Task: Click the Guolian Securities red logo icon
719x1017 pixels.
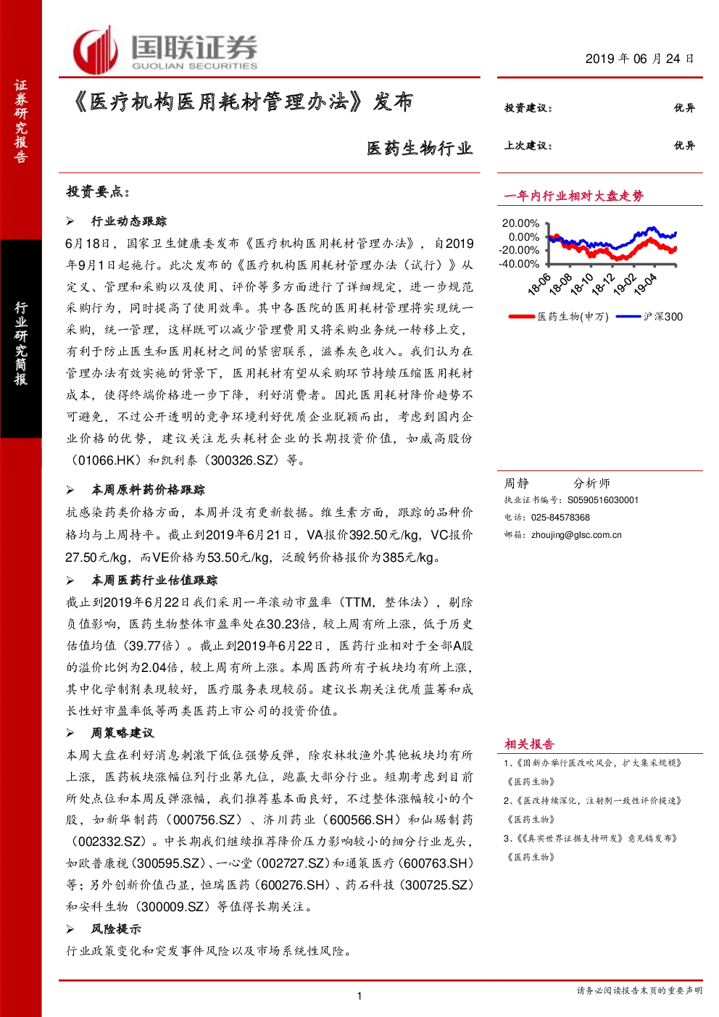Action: tap(96, 50)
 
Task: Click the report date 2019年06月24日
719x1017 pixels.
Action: tap(639, 59)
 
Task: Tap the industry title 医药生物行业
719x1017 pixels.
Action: tap(420, 149)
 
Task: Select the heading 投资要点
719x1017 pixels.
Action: tap(98, 191)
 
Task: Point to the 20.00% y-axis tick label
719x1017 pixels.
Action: tap(520, 223)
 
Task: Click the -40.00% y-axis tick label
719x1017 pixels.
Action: tap(519, 263)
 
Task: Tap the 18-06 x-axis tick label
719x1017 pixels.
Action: tap(539, 284)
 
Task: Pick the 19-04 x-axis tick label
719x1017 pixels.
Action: tap(644, 284)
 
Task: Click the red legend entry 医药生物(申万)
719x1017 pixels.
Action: tap(558, 317)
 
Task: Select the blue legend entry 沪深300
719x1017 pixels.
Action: tap(649, 317)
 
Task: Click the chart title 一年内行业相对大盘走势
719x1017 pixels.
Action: tap(574, 196)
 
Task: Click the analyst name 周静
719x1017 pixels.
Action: tap(517, 483)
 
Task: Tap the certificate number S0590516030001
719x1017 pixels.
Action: tap(603, 500)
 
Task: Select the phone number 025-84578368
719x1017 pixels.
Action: tap(560, 517)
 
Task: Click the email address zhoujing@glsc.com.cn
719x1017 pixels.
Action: tap(576, 535)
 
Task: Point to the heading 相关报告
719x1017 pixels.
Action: tap(529, 744)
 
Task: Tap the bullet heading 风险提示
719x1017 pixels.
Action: tap(116, 929)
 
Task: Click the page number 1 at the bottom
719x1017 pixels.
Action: tap(359, 996)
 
